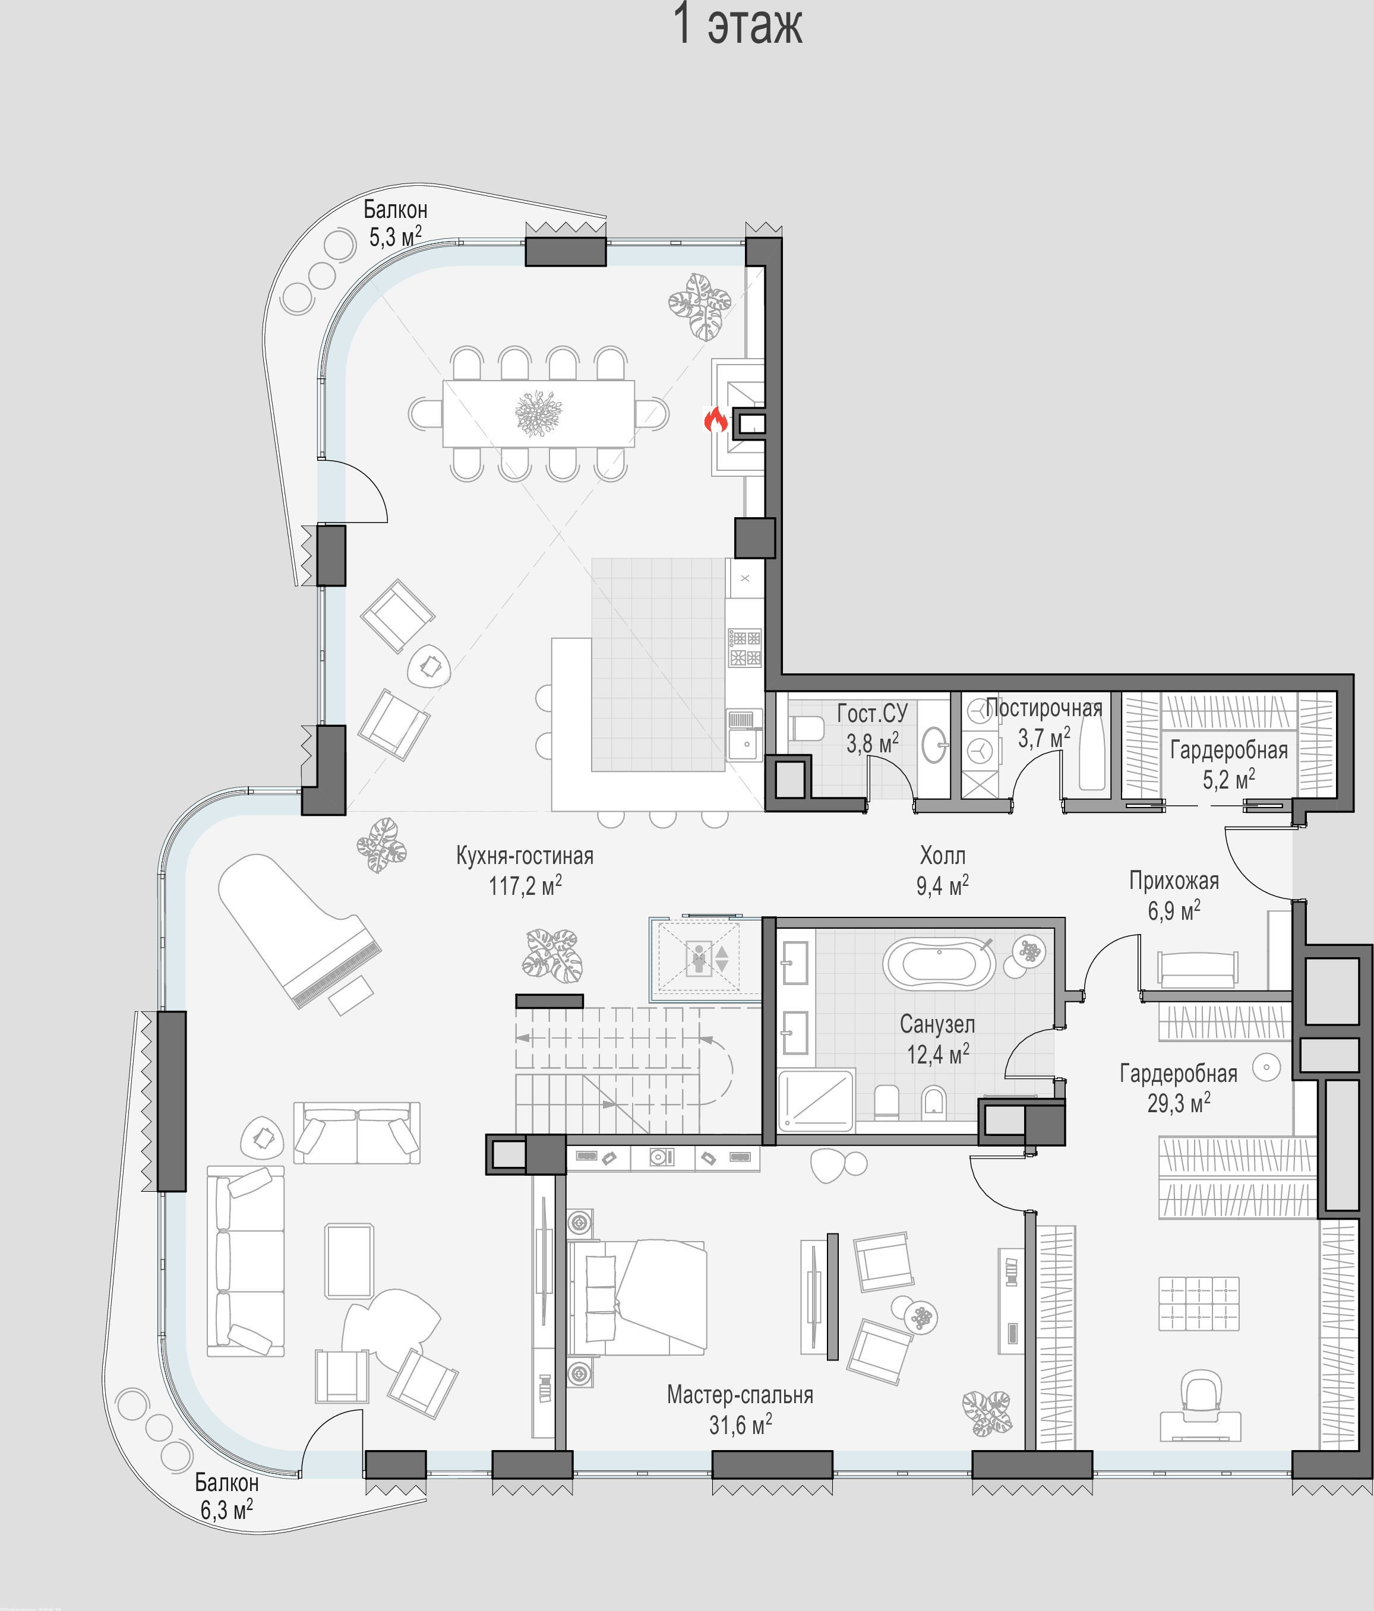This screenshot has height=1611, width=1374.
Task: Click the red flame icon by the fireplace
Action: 715,420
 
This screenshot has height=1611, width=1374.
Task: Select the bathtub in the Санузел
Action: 939,964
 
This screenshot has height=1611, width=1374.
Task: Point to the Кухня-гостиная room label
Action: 525,856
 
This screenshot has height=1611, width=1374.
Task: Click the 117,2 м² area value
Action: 525,885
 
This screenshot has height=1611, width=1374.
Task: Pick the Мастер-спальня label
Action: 740,1395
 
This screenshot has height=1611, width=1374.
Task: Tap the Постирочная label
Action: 1044,708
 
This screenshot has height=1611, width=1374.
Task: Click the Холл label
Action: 943,856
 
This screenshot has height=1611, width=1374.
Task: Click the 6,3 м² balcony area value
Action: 226,1510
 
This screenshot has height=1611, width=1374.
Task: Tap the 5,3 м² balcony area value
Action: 395,236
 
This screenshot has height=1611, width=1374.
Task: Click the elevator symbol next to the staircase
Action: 699,958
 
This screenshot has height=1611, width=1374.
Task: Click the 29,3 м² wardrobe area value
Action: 1179,1103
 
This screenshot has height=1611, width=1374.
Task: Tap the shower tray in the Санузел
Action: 816,1099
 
